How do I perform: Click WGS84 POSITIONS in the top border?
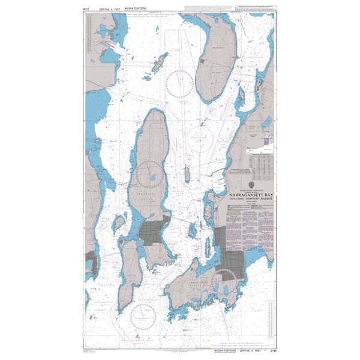tap(141, 10)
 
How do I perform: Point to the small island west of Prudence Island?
tap(160, 61)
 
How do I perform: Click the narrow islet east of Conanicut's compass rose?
tap(187, 175)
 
